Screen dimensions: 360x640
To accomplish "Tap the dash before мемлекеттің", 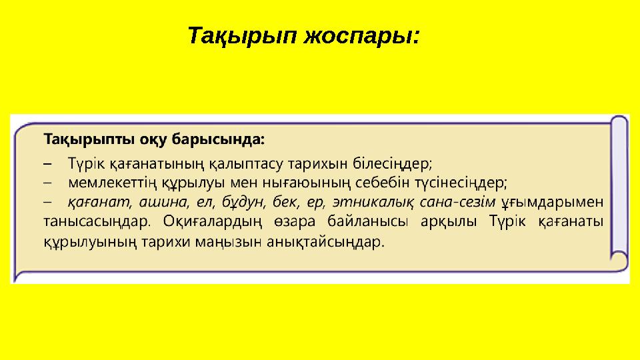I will coord(47,182).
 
